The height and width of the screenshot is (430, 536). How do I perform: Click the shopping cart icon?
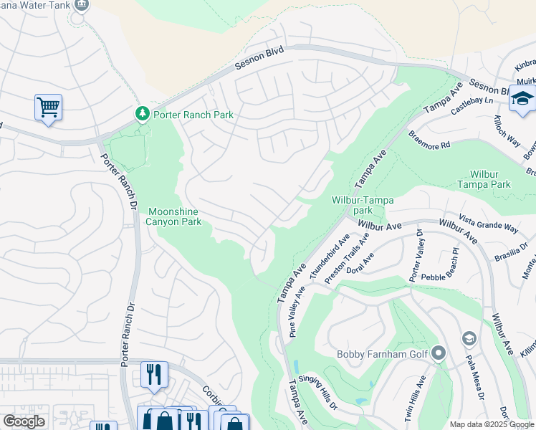point(48,107)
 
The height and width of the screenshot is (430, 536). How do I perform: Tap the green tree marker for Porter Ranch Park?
point(142,113)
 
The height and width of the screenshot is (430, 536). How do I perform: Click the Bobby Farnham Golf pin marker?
point(439,353)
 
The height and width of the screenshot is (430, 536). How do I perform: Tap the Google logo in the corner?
point(24,421)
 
